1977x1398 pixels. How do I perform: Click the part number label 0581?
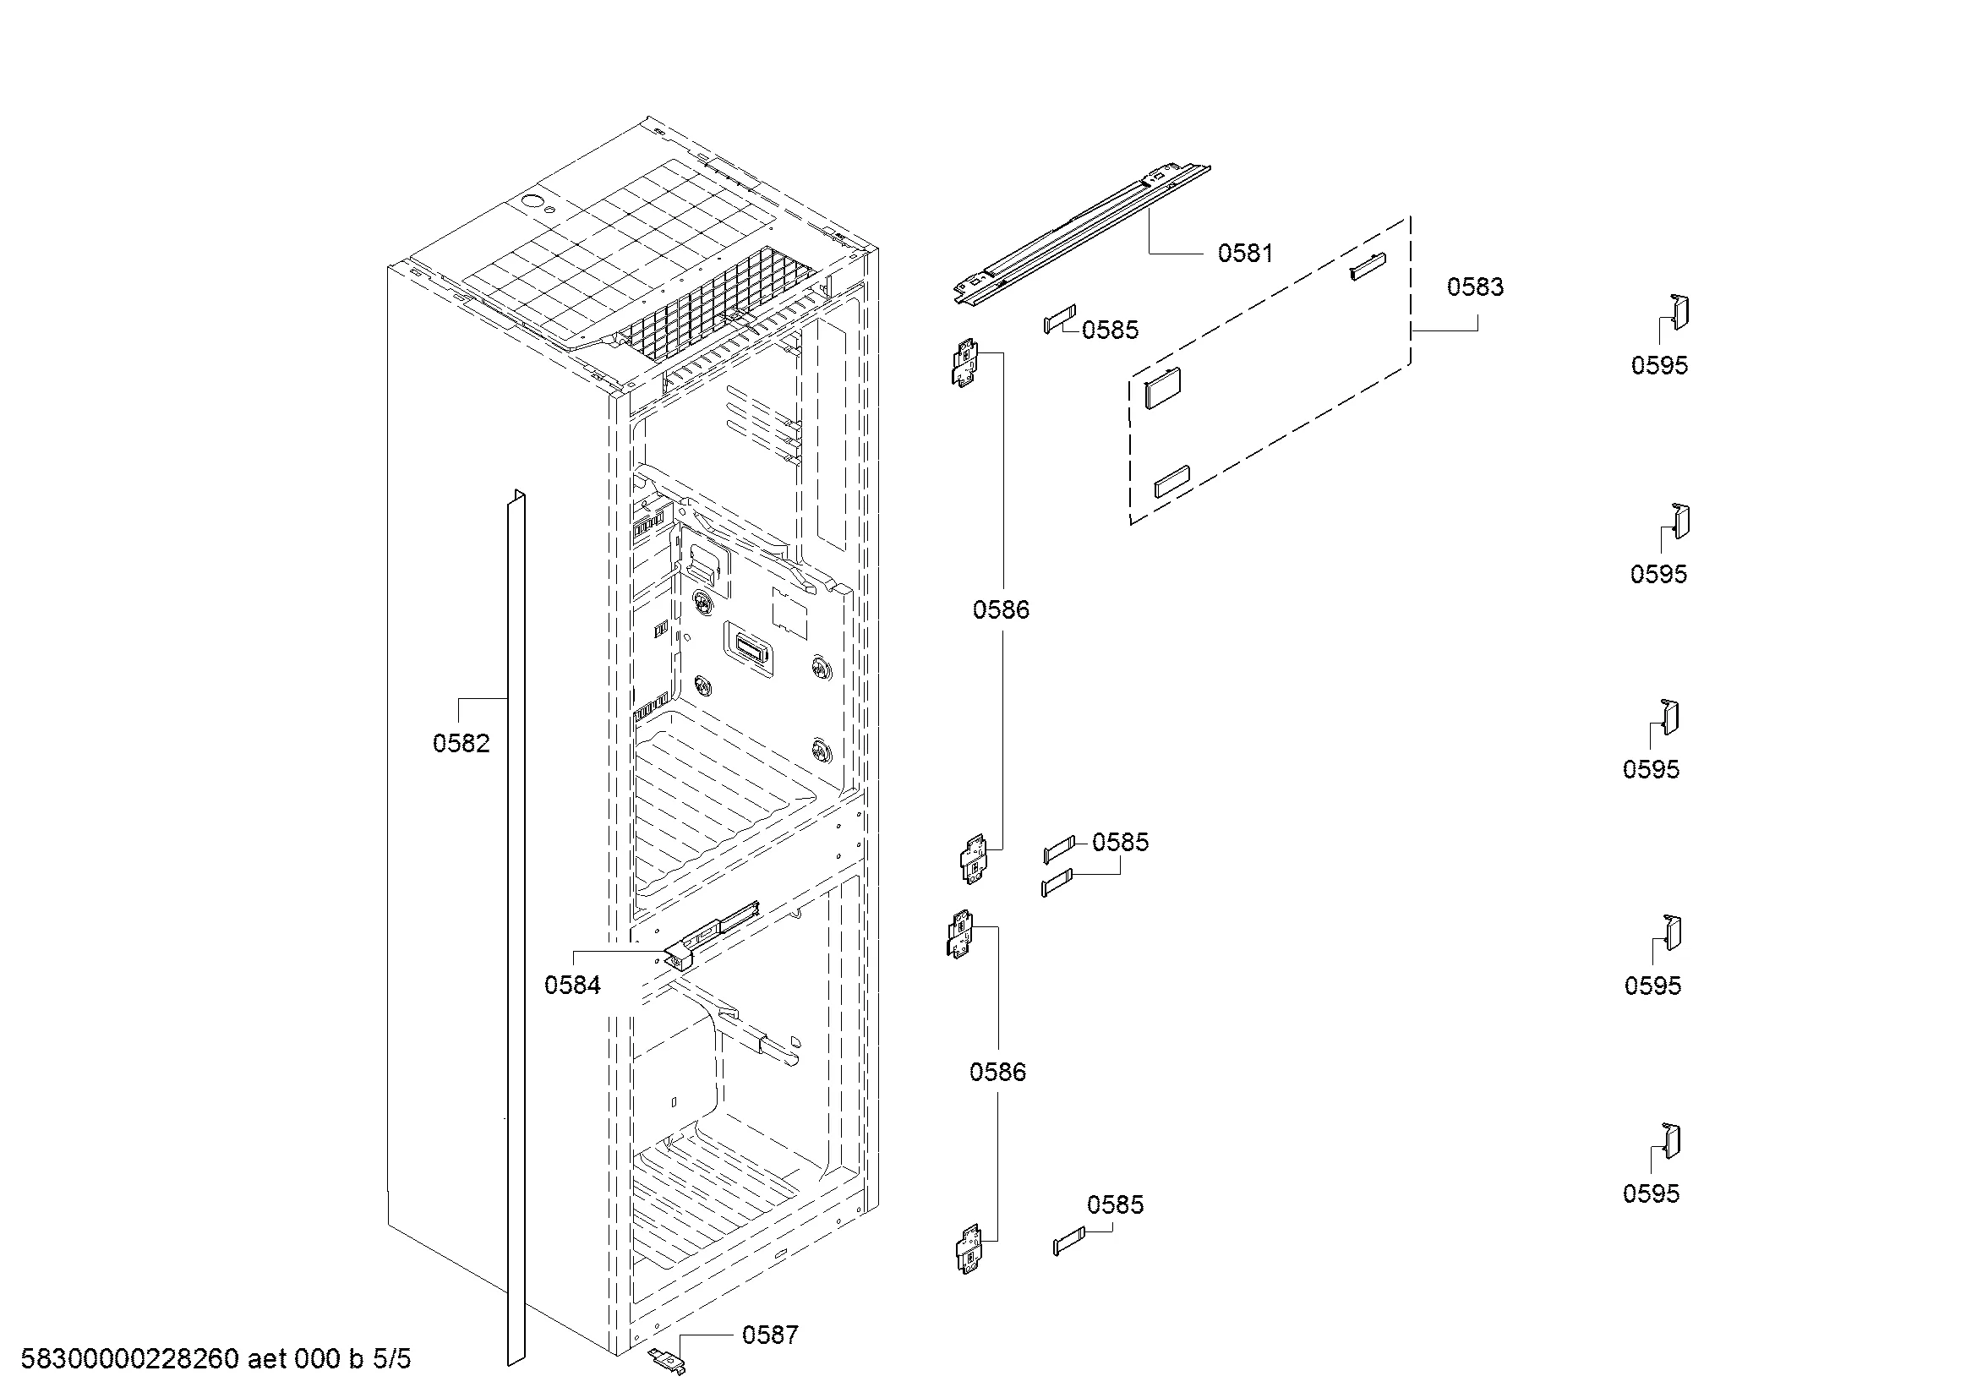pyautogui.click(x=1244, y=253)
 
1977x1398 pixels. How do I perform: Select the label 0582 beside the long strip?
pyautogui.click(x=461, y=743)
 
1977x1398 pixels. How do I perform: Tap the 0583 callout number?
pyautogui.click(x=1475, y=287)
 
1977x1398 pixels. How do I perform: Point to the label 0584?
pyautogui.click(x=571, y=985)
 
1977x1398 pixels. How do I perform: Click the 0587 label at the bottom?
pyautogui.click(x=770, y=1335)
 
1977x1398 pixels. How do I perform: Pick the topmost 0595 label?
pyautogui.click(x=1659, y=365)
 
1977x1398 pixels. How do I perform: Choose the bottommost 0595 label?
pyautogui.click(x=1651, y=1193)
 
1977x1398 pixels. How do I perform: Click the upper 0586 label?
pyautogui.click(x=1001, y=609)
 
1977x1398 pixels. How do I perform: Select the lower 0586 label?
pyautogui.click(x=997, y=1072)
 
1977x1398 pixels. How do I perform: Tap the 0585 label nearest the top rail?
pyautogui.click(x=1110, y=330)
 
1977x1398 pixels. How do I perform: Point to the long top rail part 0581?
pyautogui.click(x=1083, y=233)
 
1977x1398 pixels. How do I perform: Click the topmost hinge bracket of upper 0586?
pyautogui.click(x=965, y=363)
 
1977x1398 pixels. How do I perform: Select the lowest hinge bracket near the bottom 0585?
pyautogui.click(x=970, y=1249)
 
